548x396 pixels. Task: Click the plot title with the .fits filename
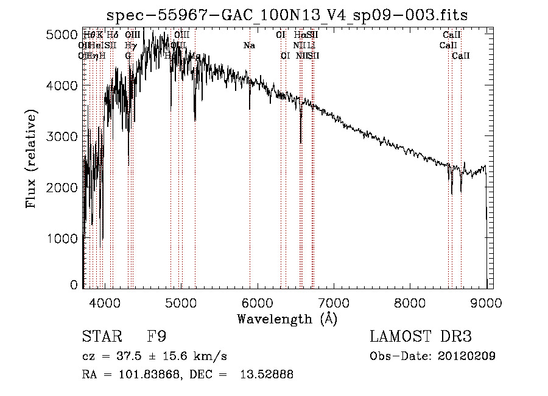[287, 15]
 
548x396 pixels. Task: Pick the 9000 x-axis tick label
[486, 301]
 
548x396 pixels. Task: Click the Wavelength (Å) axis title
[287, 319]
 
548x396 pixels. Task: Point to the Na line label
[249, 46]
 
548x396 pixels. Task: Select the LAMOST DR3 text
[420, 337]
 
